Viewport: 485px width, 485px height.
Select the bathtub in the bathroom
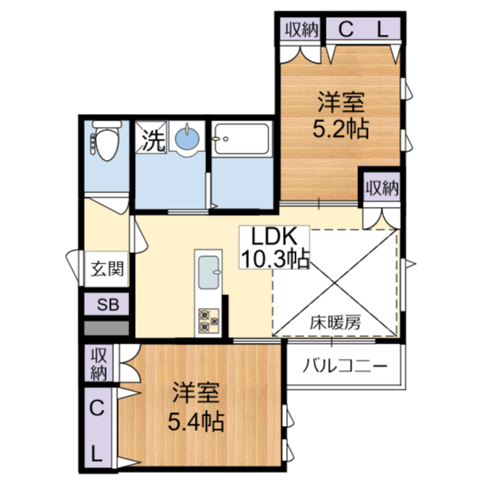(x=242, y=138)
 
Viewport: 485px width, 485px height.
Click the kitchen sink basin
(x=209, y=272)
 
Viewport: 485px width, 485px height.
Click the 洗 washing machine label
(x=153, y=141)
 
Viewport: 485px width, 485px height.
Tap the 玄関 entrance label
(x=107, y=268)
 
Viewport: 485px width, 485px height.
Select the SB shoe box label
(x=108, y=305)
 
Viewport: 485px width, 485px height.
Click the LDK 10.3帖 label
(x=275, y=247)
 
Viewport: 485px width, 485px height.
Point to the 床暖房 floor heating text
(x=335, y=323)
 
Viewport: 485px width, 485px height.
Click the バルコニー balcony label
(x=344, y=366)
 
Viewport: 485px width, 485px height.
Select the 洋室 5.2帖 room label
(x=341, y=115)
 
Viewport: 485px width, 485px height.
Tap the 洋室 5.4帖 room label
(x=196, y=407)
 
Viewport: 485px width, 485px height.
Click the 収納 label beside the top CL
(x=302, y=30)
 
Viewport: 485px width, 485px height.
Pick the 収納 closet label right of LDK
(x=382, y=188)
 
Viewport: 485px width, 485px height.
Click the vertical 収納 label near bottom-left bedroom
(x=99, y=364)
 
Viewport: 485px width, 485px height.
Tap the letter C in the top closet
(x=346, y=30)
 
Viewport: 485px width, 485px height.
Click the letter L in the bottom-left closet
(x=97, y=454)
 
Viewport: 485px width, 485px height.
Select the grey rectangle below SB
(x=107, y=328)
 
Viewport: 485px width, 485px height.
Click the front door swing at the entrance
(x=74, y=265)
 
